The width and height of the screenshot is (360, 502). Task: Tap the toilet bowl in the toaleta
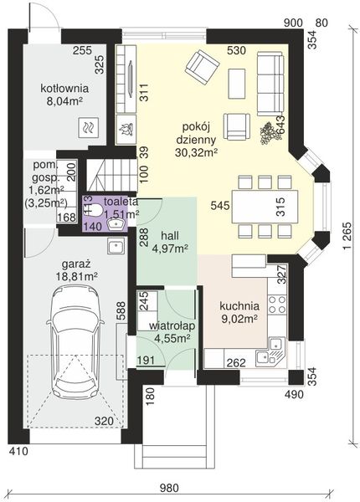tap(95, 209)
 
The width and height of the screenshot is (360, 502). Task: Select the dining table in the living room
tap(265, 208)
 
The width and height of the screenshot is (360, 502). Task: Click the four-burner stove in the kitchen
tap(277, 305)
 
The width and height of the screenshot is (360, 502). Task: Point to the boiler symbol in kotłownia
tap(87, 127)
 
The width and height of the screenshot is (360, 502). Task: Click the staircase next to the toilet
tap(110, 175)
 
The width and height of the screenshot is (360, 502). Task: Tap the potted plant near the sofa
tap(270, 133)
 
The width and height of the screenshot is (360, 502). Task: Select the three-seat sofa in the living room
tap(270, 84)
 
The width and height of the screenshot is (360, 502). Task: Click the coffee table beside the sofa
tap(237, 84)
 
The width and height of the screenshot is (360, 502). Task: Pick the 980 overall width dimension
tap(170, 488)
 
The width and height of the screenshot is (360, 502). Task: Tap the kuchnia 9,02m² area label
tap(239, 312)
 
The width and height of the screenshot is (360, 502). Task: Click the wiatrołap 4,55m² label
tap(172, 331)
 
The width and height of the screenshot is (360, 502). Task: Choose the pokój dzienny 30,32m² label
tap(196, 139)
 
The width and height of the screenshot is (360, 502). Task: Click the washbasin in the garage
tap(115, 247)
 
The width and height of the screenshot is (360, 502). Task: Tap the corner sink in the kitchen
tap(271, 352)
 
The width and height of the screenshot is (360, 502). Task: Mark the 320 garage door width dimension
tap(104, 422)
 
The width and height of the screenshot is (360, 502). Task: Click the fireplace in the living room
tap(126, 79)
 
